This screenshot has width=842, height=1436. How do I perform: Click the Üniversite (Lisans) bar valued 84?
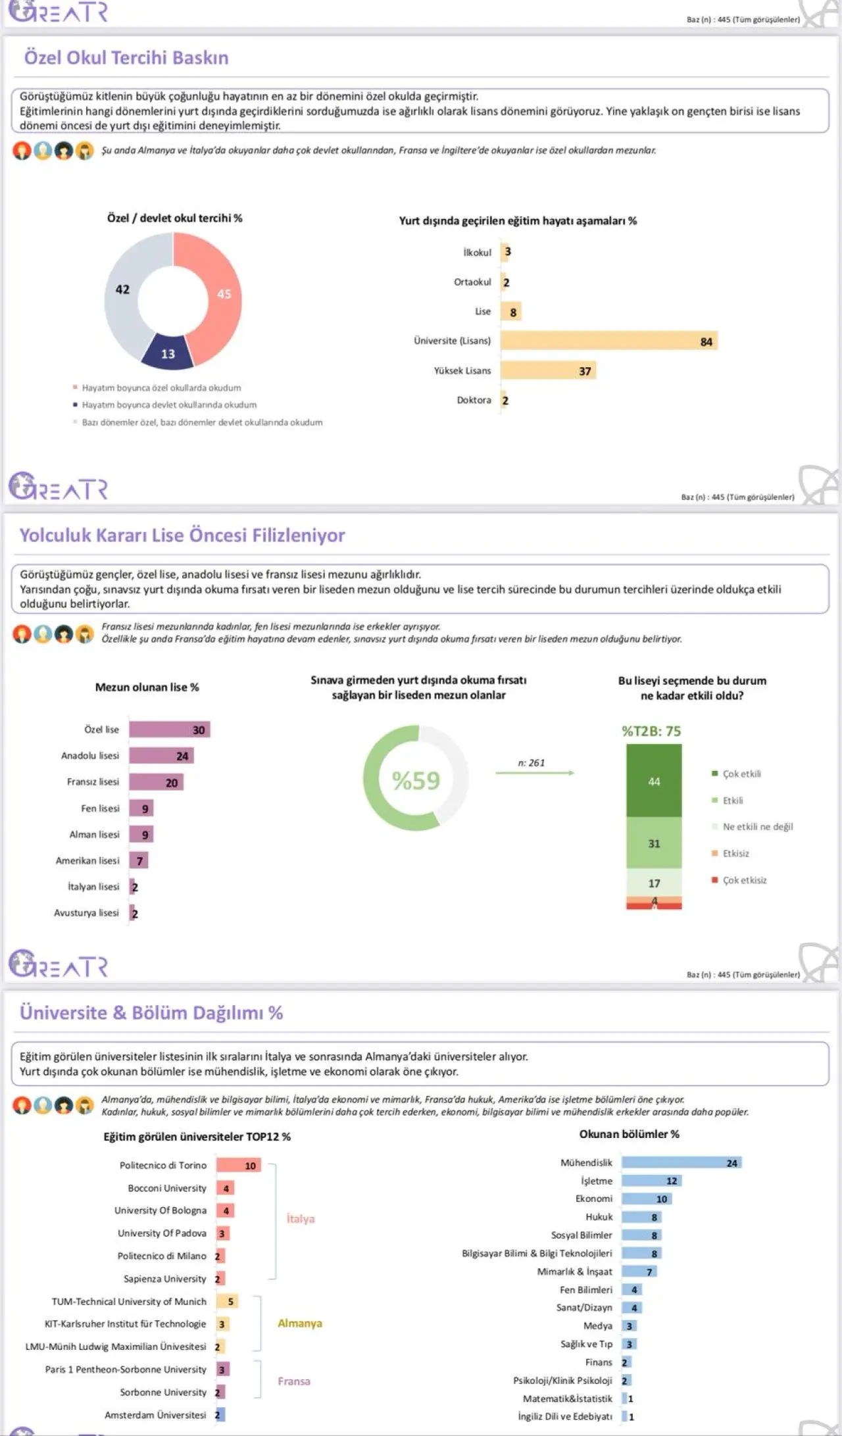point(608,341)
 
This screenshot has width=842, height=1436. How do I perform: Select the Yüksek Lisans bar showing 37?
point(548,370)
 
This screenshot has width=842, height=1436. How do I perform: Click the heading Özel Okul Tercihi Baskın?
point(126,58)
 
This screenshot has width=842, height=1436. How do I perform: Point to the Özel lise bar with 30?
point(169,730)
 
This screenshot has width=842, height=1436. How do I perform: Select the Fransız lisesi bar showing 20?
point(156,782)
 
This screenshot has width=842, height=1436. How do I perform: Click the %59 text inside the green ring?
point(416,781)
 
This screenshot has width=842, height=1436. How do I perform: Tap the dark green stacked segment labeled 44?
point(654,781)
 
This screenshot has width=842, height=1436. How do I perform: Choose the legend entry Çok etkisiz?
point(744,880)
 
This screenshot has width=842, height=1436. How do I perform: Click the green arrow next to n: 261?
point(535,773)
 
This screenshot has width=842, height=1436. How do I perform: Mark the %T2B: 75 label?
point(651,731)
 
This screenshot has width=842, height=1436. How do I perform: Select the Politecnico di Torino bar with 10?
point(238,1165)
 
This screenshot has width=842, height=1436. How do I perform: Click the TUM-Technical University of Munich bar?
point(227,1301)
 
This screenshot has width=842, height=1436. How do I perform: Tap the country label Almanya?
point(300,1323)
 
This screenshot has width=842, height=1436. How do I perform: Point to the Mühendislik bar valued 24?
point(681,1163)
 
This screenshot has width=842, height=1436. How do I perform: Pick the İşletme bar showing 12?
point(651,1181)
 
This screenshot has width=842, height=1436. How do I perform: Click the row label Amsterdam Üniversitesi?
point(155,1414)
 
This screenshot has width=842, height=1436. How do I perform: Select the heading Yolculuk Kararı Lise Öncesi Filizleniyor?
point(182,535)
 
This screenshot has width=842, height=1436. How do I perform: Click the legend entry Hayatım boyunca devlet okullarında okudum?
point(169,405)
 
